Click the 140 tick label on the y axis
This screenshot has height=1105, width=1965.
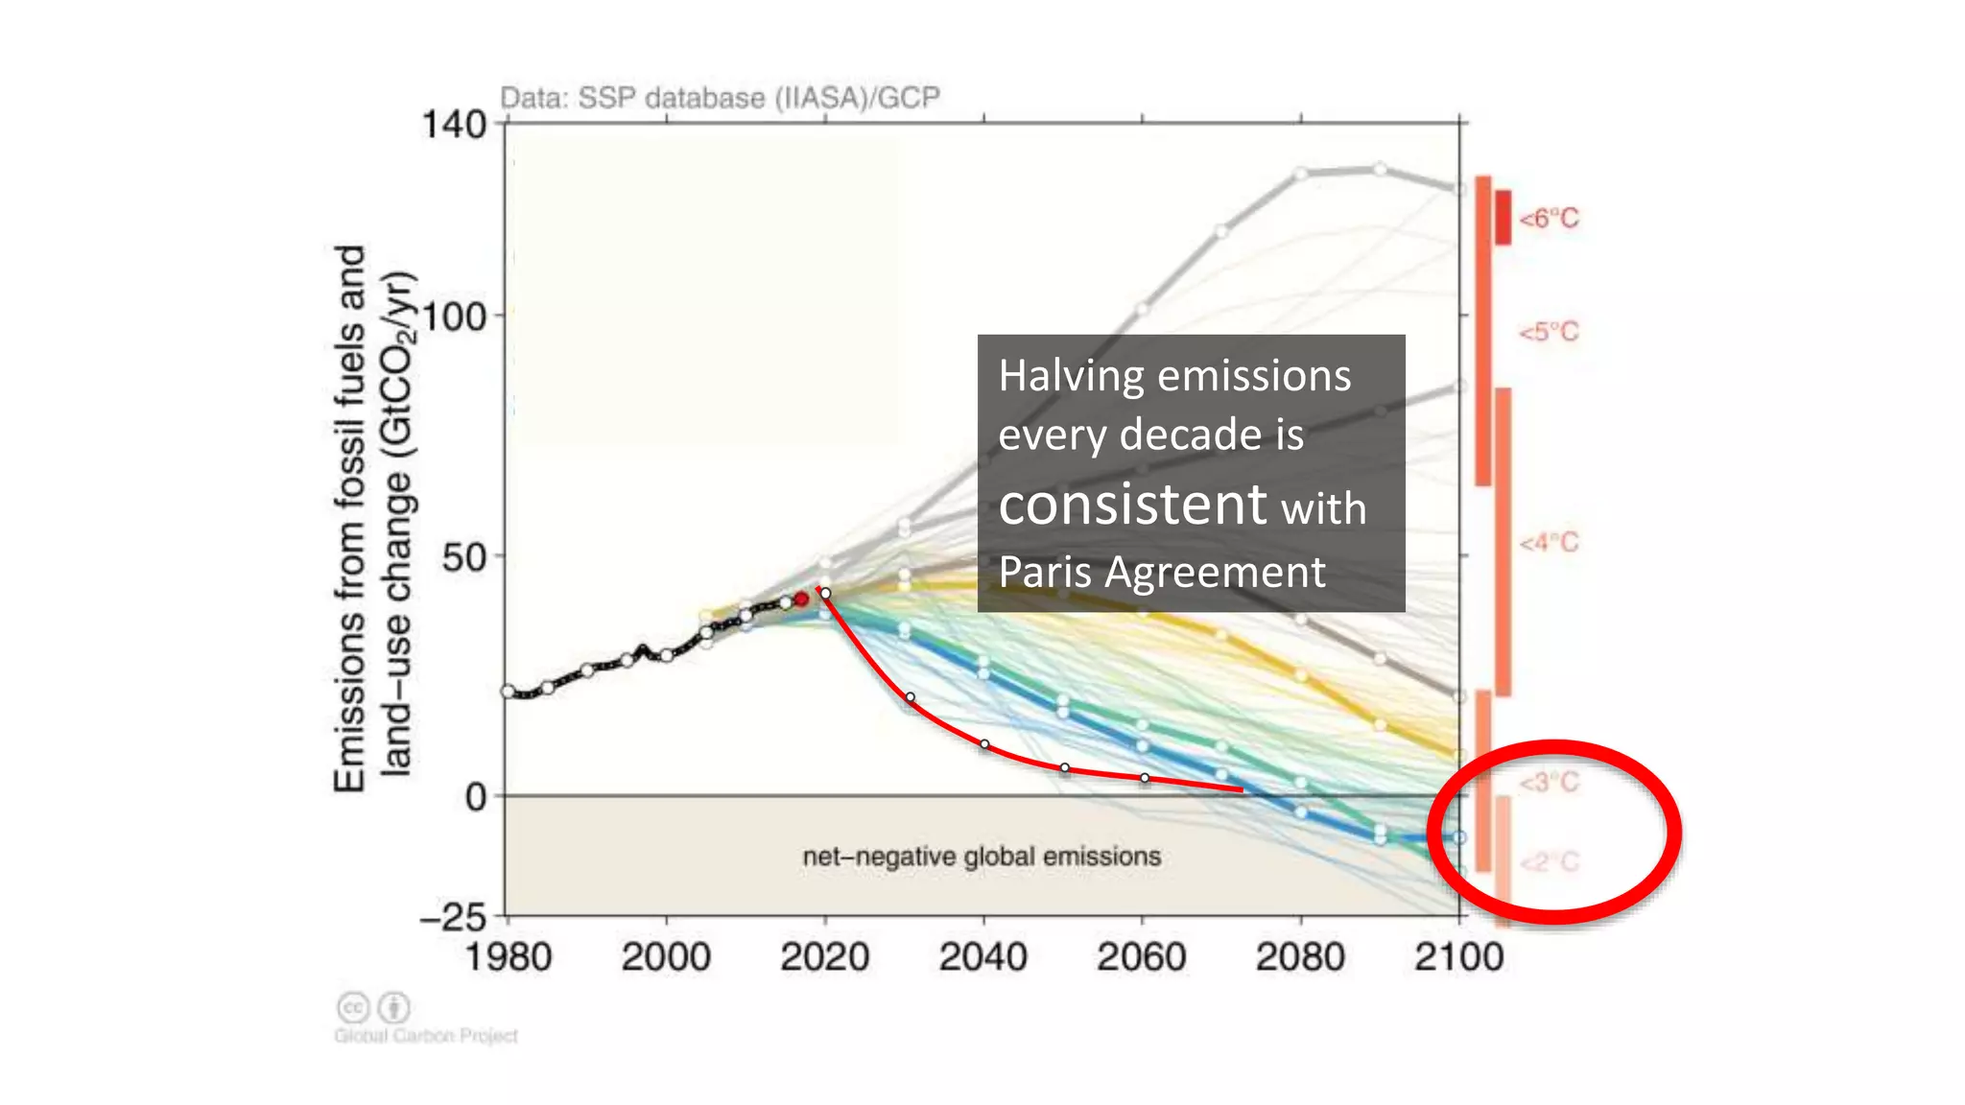[454, 126]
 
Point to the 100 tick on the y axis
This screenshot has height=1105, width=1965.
[454, 317]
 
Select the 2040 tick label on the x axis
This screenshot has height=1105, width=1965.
[982, 957]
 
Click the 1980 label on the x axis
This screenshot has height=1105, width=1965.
[509, 957]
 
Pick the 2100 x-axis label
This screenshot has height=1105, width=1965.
[1458, 957]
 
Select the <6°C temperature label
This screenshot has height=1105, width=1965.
[1549, 219]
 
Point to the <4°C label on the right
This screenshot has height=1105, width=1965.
[1549, 543]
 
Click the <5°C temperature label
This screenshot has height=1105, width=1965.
[1549, 333]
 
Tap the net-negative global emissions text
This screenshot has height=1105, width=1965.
[982, 857]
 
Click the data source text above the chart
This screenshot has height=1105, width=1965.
[720, 98]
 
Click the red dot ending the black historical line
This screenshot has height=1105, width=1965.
[801, 599]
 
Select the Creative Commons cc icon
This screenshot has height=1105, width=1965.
[353, 1008]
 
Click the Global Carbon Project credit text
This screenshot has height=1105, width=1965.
[426, 1036]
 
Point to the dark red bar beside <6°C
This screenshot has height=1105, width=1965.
[1503, 218]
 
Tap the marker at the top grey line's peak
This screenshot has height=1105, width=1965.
[1379, 169]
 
